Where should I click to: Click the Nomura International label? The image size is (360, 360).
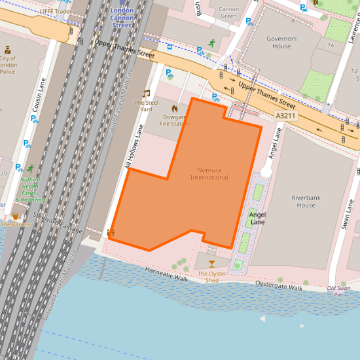coord(209,173)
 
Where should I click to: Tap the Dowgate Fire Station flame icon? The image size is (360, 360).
coord(175,108)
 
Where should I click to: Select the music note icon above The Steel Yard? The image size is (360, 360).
coord(146,94)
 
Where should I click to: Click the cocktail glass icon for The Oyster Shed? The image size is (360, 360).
coord(211,263)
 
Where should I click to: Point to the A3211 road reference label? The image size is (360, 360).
coord(285,115)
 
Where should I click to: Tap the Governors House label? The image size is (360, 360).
coord(281,43)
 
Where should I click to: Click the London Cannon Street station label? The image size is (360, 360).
coord(121,18)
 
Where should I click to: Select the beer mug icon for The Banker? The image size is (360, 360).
coord(15,215)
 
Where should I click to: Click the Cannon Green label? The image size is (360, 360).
coord(228,12)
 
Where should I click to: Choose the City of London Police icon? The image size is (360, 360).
coord(7,50)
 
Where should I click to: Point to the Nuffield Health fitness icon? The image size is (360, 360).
coord(30,168)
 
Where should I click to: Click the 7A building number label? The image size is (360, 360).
coord(331,45)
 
